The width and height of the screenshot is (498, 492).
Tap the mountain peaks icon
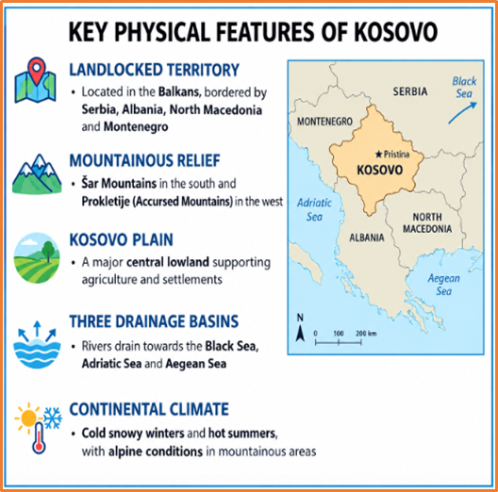37,174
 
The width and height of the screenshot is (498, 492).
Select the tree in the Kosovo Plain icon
48,251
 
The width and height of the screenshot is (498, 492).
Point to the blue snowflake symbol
53,418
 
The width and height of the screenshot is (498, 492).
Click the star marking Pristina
378,155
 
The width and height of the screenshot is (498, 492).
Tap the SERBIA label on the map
410,91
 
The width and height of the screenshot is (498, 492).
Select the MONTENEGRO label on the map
324,122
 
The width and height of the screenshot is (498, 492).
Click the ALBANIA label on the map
367,238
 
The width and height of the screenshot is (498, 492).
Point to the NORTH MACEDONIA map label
427,222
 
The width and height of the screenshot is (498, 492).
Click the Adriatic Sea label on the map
314,209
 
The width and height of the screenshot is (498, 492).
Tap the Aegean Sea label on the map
443,285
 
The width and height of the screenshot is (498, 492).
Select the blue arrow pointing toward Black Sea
462,112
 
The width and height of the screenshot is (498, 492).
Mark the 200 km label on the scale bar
366,334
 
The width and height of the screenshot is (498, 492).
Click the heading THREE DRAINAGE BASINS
154,321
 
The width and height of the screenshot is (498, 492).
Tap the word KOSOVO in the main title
395,32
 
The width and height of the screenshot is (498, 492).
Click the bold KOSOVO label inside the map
380,171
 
